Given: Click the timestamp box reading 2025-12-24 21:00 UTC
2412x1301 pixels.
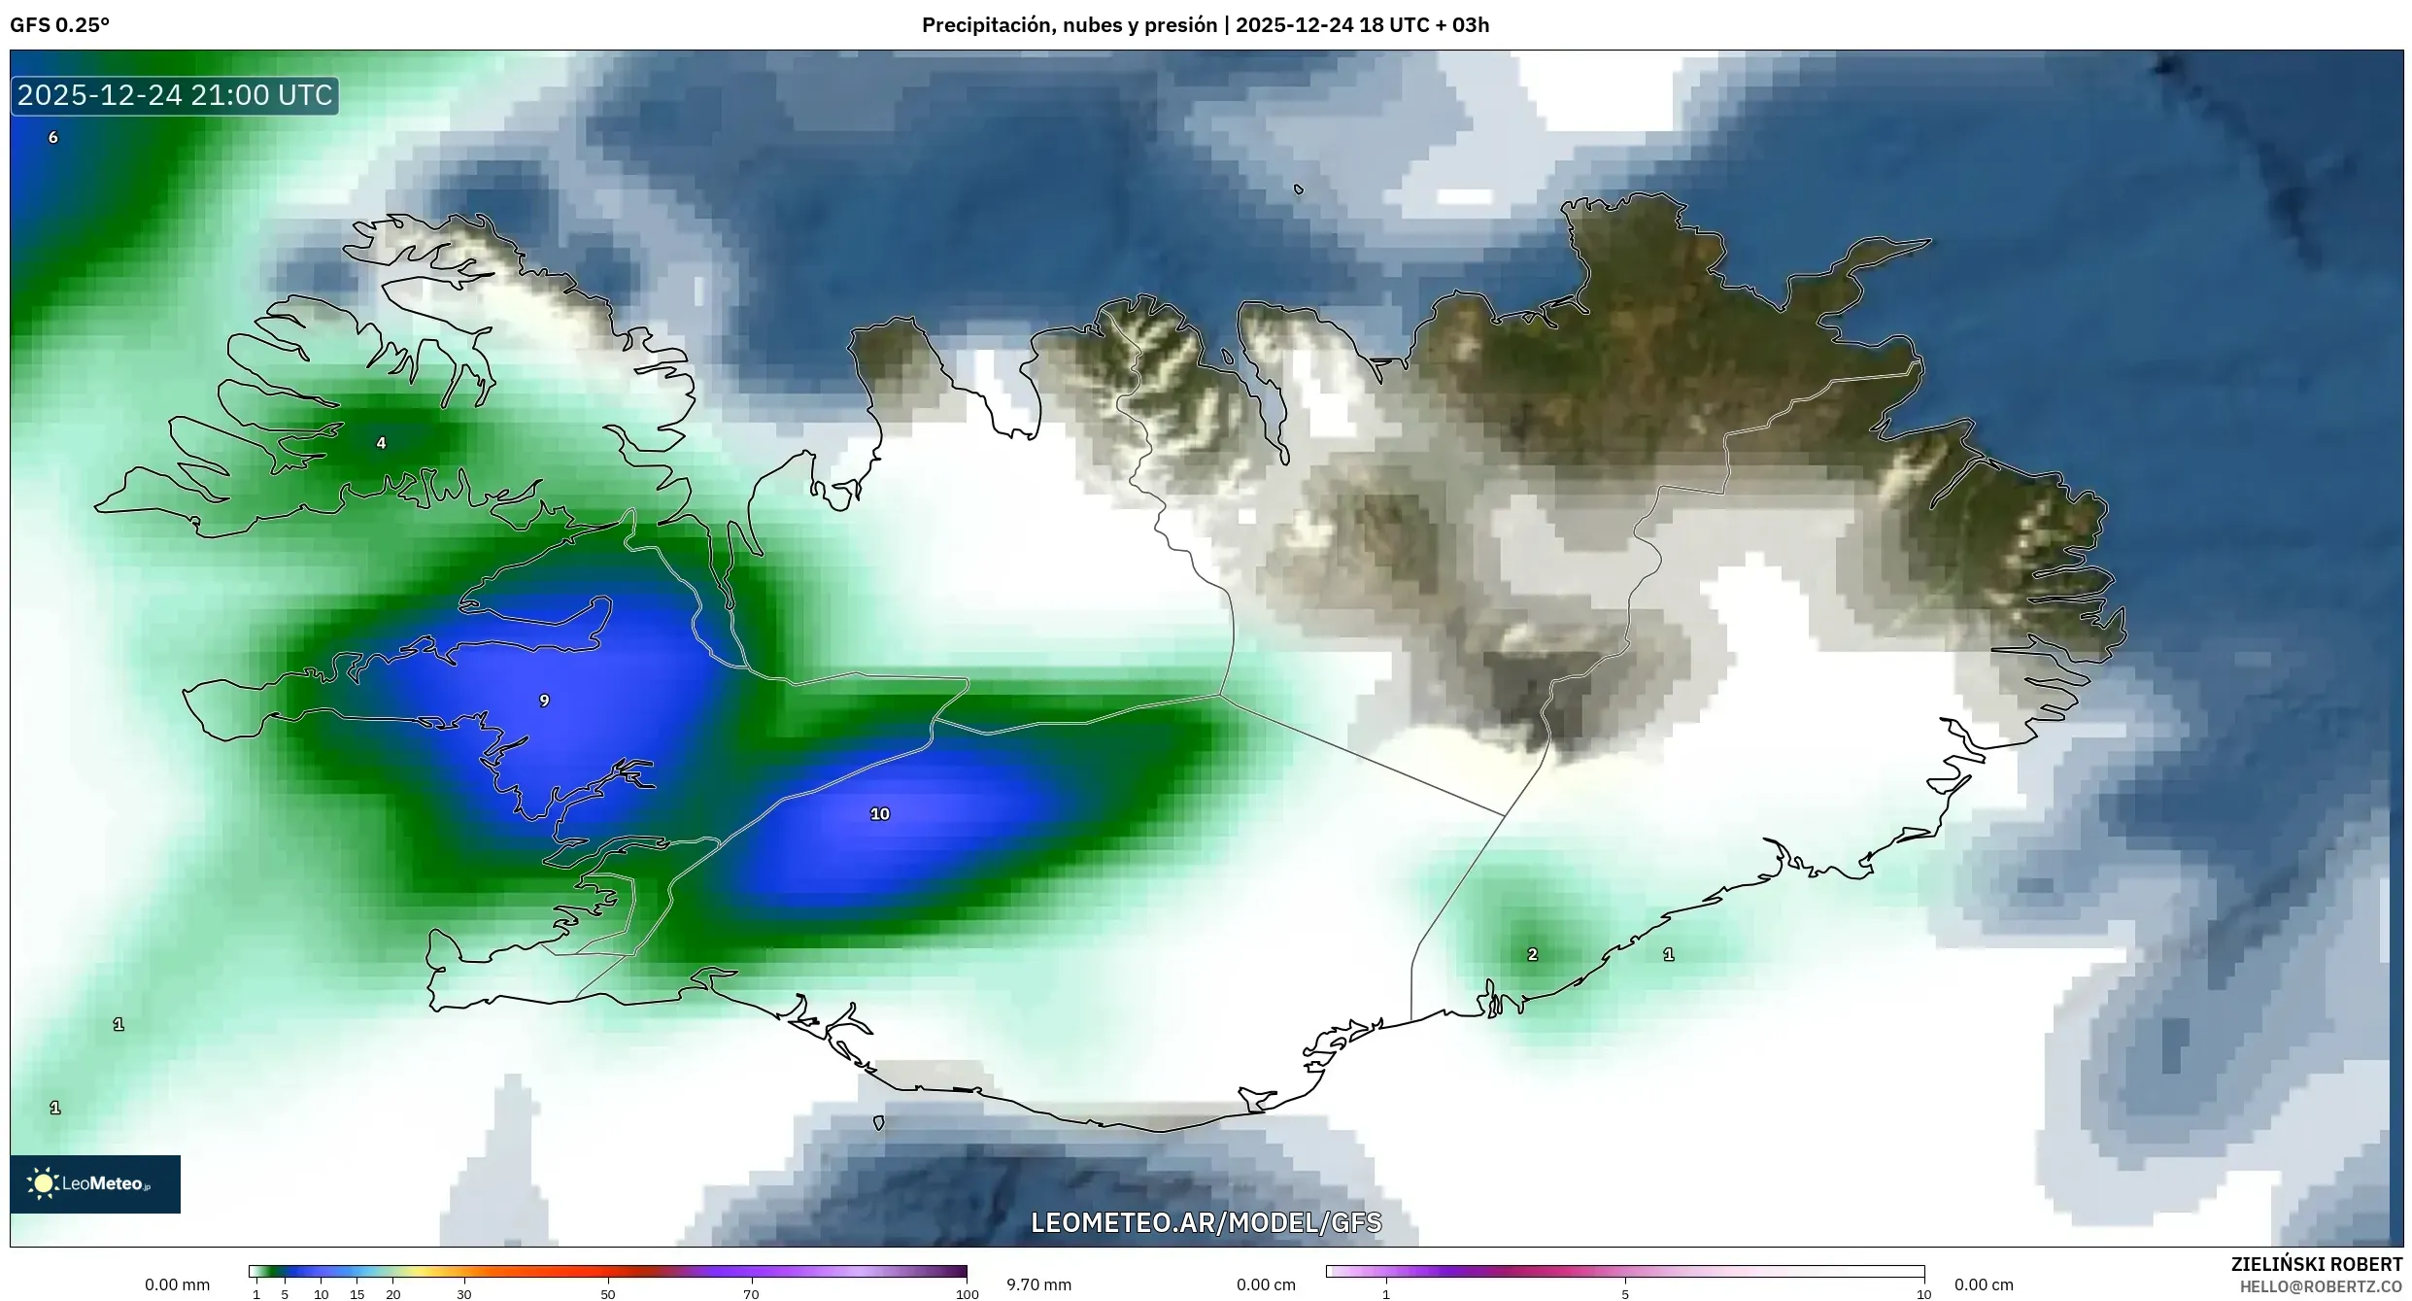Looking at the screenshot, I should pyautogui.click(x=175, y=95).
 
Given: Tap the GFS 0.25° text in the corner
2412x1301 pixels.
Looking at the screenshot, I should pyautogui.click(x=59, y=25).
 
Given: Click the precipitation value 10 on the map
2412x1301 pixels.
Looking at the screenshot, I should pyautogui.click(x=879, y=814).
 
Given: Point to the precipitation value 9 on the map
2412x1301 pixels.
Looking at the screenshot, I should pyautogui.click(x=544, y=701).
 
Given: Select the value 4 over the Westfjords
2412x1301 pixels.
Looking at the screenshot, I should pyautogui.click(x=381, y=443).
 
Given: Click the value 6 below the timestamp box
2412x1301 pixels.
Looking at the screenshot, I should pyautogui.click(x=53, y=138).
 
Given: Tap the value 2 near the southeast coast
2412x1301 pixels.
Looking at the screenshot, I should pyautogui.click(x=1532, y=955).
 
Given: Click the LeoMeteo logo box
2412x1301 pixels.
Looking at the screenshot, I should pyautogui.click(x=95, y=1183).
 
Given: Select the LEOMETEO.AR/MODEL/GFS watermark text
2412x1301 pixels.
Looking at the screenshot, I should pyautogui.click(x=1206, y=1223).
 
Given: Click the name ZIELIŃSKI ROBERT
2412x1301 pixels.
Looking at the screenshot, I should pyautogui.click(x=2316, y=1264).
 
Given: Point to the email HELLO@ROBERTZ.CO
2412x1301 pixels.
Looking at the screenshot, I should pyautogui.click(x=2321, y=1286).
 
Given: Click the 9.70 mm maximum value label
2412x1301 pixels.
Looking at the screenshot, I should pyautogui.click(x=1038, y=1284).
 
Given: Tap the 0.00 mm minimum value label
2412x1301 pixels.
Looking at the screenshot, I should pyautogui.click(x=177, y=1284).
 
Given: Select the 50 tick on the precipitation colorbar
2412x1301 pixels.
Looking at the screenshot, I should pyautogui.click(x=608, y=1294).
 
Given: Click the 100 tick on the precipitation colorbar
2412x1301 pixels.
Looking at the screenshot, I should pyautogui.click(x=967, y=1294).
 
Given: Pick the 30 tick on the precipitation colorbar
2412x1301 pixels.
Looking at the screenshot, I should pyautogui.click(x=464, y=1294).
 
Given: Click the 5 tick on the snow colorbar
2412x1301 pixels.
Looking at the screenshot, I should pyautogui.click(x=1625, y=1294).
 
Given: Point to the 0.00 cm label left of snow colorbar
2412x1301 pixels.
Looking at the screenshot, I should pyautogui.click(x=1266, y=1284).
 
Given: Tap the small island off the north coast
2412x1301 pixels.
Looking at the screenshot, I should pyautogui.click(x=1299, y=189).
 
